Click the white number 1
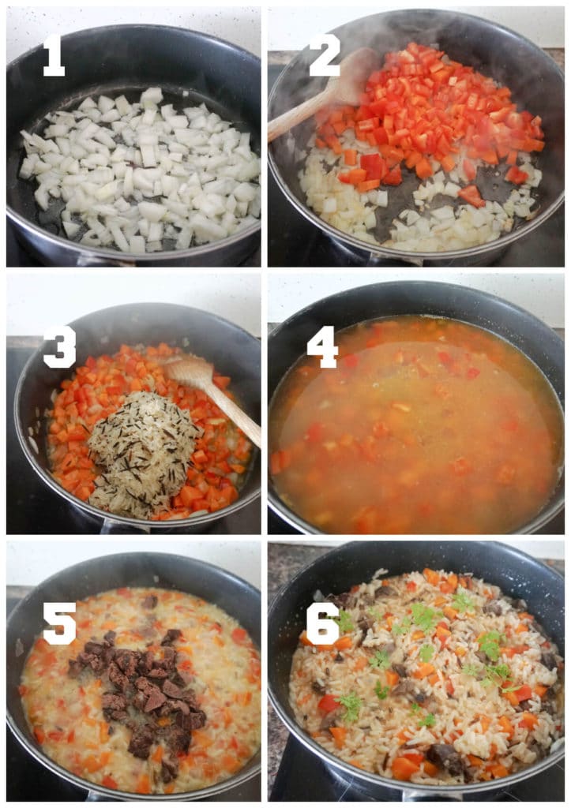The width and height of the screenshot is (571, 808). [53, 54]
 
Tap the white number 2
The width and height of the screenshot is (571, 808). [324, 54]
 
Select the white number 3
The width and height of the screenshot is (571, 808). [59, 346]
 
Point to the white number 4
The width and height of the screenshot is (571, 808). [322, 346]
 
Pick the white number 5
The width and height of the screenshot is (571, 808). [59, 623]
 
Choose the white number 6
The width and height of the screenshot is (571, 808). [322, 623]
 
